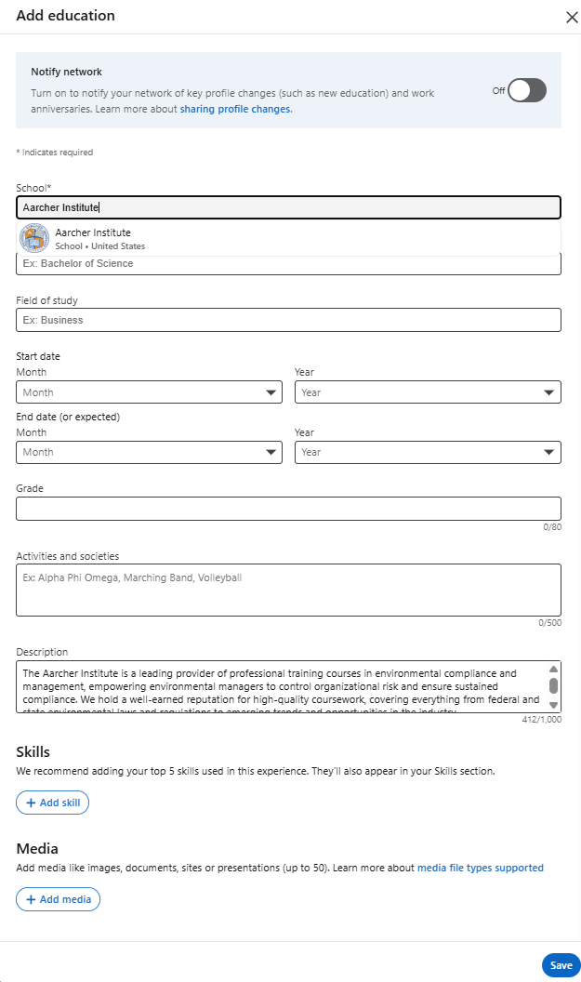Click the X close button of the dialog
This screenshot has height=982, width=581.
click(572, 17)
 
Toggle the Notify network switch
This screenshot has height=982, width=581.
click(526, 90)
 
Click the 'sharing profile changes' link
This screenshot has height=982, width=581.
click(236, 109)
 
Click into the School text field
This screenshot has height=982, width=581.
click(288, 207)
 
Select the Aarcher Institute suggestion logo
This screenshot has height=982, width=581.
click(34, 239)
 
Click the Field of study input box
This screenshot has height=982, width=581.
click(288, 320)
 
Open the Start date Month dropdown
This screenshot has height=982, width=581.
click(149, 392)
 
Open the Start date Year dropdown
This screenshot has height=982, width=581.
click(428, 392)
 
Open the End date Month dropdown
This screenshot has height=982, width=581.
click(149, 452)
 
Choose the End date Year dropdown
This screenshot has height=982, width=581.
click(428, 452)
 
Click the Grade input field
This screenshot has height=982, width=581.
click(288, 509)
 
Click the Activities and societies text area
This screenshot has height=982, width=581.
click(288, 590)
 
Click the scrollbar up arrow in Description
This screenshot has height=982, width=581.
click(554, 670)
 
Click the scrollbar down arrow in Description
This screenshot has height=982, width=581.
click(554, 706)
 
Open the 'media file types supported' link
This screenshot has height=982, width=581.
click(480, 868)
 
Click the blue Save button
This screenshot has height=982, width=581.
click(561, 965)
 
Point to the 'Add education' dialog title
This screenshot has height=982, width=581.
click(65, 16)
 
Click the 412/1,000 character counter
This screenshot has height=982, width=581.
click(541, 720)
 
